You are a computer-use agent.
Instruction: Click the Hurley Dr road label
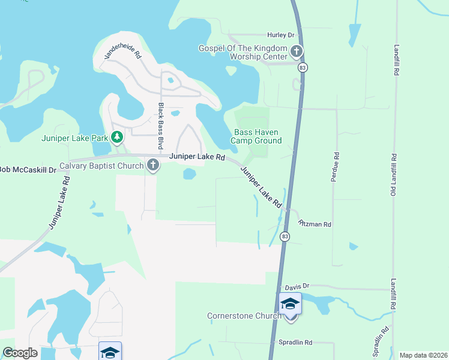click(282, 35)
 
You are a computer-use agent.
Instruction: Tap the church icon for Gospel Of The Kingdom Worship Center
click(297, 52)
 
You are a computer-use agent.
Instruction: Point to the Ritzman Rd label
click(315, 224)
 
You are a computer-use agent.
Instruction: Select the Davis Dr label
click(297, 286)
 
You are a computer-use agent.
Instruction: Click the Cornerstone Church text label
click(244, 316)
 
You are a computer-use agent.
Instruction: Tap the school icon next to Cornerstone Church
click(290, 304)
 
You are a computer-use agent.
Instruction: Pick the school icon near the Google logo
click(110, 352)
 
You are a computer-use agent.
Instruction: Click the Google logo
click(20, 353)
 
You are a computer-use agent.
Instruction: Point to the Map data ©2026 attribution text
click(423, 355)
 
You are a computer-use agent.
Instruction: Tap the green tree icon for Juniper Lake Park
click(117, 138)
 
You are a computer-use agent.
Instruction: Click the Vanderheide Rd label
click(121, 52)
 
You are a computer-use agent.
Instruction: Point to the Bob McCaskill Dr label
click(28, 170)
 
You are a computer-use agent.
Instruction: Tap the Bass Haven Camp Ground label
click(257, 136)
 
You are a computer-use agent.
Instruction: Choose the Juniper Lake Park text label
click(74, 138)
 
